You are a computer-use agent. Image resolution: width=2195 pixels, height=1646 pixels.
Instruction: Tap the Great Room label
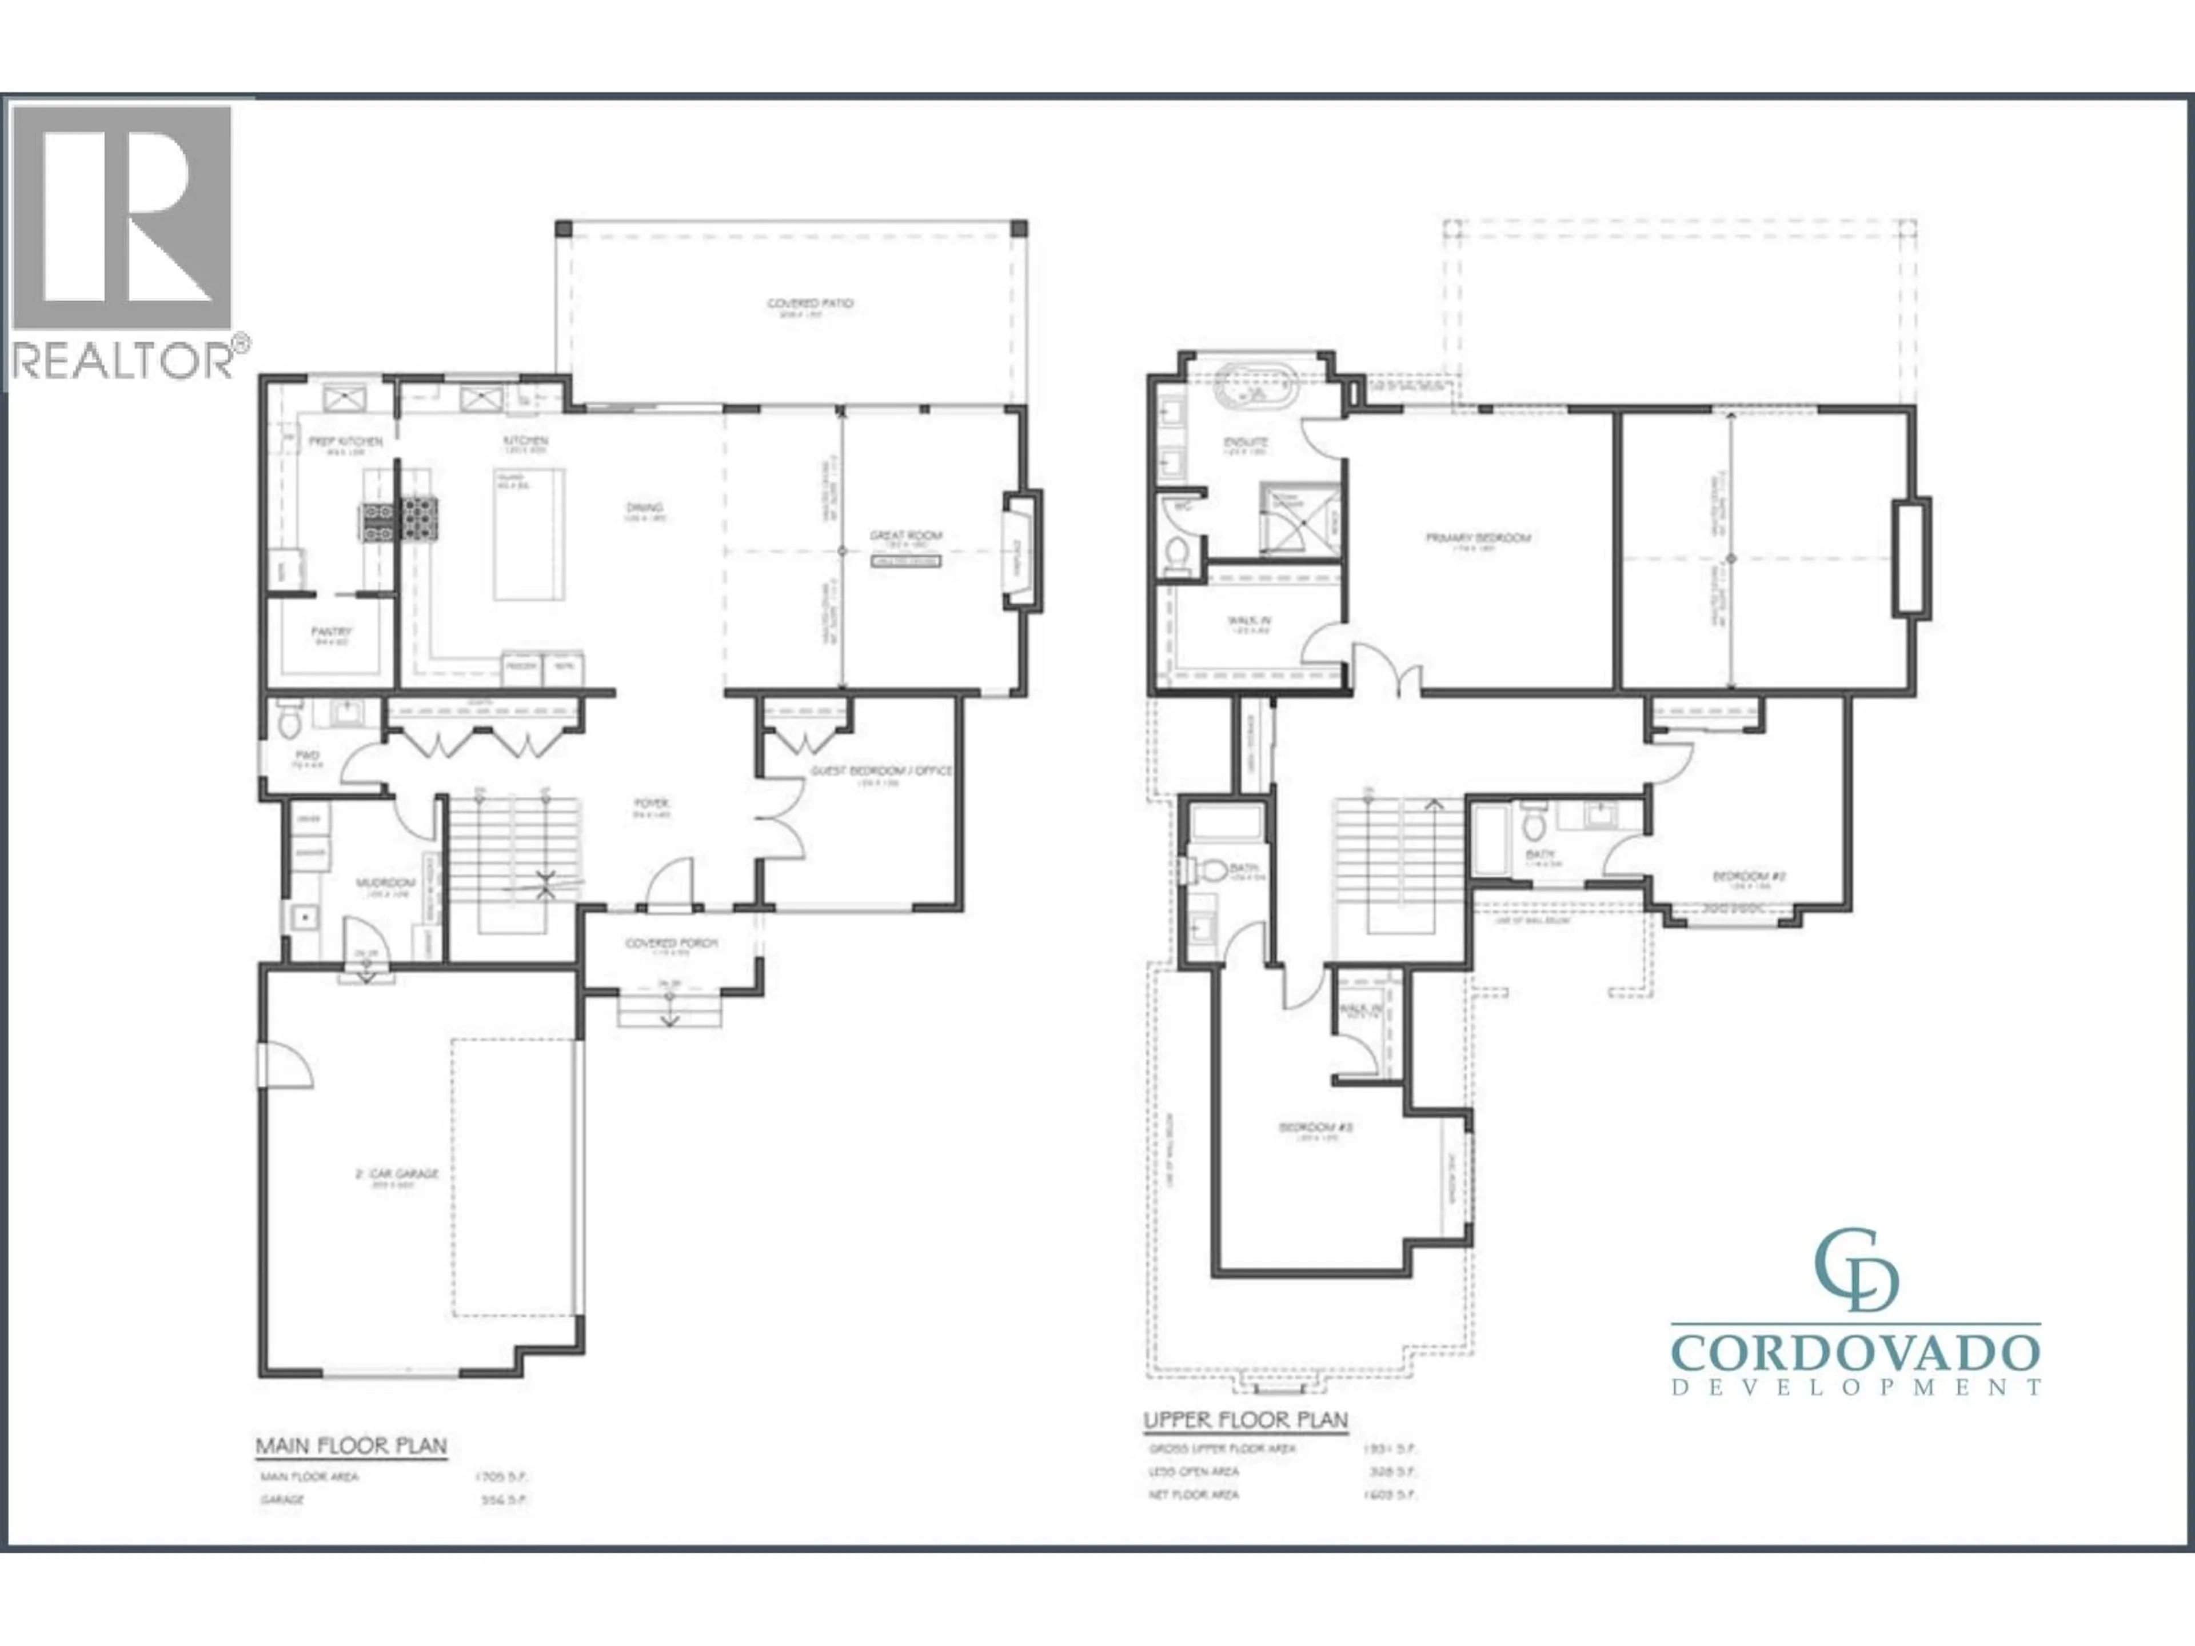[x=905, y=536]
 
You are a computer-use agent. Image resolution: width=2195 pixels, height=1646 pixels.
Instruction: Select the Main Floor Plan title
[x=352, y=1445]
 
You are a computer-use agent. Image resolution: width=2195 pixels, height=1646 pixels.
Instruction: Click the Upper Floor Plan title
[x=1246, y=1420]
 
